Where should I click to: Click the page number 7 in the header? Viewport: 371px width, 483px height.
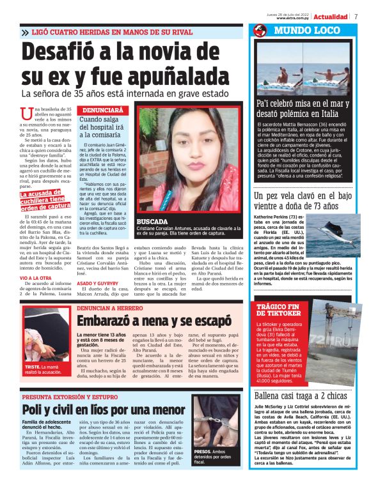coord(356,16)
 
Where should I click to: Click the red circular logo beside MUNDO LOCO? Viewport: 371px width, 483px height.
coord(260,31)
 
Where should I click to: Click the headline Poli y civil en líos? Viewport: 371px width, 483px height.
coord(95,409)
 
